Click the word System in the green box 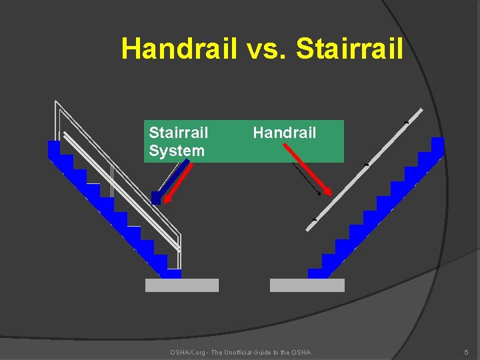coord(177,151)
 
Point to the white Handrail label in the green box coord(285,133)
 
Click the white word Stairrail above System coord(178,133)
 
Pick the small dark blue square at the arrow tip coord(156,197)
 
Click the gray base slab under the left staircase coord(182,285)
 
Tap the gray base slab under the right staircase coord(307,285)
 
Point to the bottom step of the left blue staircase coord(173,273)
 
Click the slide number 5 coord(466,352)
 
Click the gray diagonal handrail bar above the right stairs coord(364,169)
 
